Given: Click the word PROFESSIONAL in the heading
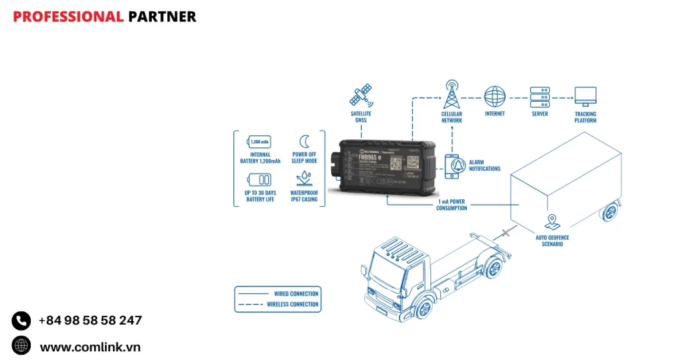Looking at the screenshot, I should [68, 17].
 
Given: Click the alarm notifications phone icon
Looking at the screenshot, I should [452, 165].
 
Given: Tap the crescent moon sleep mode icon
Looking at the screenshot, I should [304, 141].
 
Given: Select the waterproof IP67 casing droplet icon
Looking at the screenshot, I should [304, 179].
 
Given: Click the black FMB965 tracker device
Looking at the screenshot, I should [387, 164].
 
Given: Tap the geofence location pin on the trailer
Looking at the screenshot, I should [553, 221].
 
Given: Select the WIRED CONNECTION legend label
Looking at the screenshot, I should [296, 294].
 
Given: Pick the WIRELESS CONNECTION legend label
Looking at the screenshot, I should [292, 304].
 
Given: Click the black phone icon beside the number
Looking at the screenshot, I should [21, 321].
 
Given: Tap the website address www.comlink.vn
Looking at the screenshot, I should [90, 347].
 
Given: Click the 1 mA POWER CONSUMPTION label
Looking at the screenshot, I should [452, 204].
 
